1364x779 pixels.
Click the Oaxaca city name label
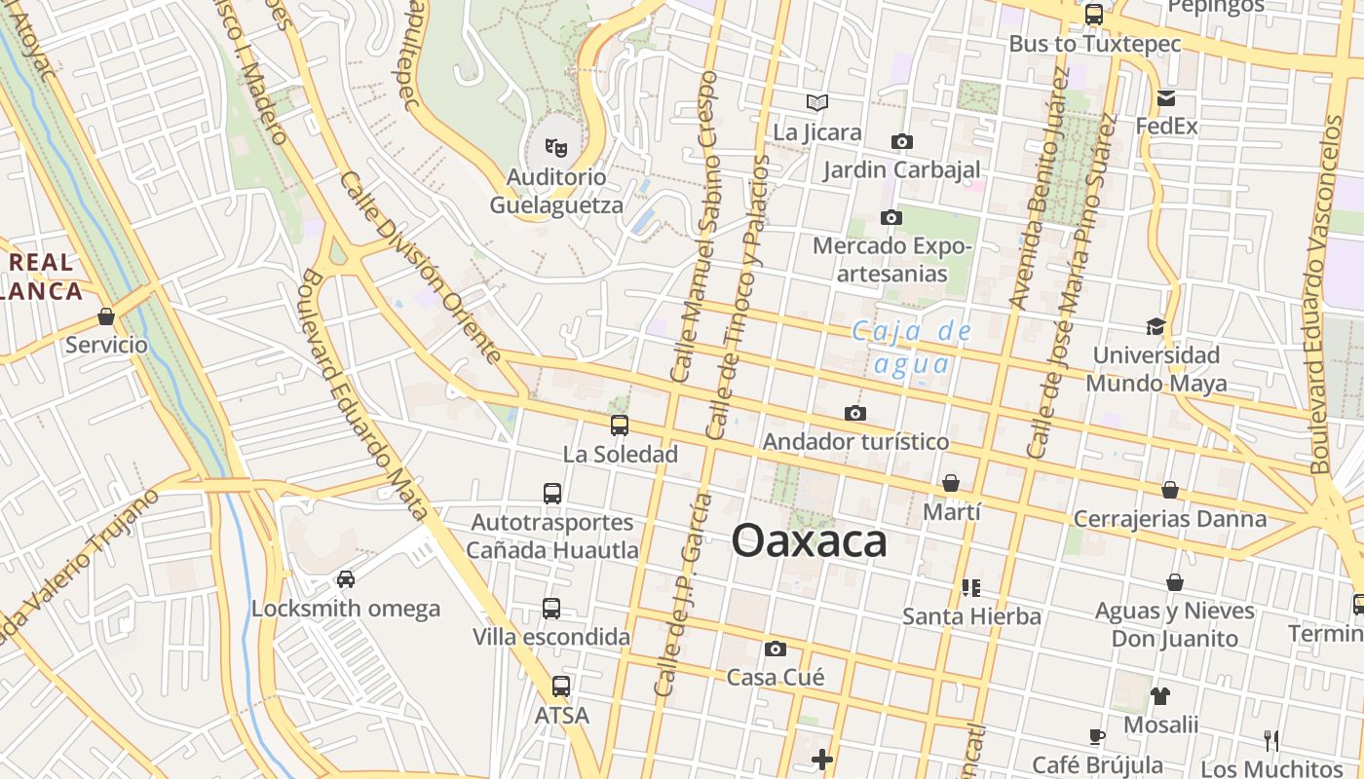(x=809, y=541)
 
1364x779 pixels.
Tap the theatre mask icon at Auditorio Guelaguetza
(x=556, y=148)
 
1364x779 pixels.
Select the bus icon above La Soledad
(x=619, y=426)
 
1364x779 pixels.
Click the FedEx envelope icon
(x=1165, y=98)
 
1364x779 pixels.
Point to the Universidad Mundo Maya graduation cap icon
(x=1156, y=326)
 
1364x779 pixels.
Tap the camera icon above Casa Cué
(x=776, y=649)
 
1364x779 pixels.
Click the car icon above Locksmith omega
(x=346, y=580)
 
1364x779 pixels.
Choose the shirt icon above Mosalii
(x=1159, y=696)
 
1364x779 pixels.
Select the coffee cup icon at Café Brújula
(x=1097, y=736)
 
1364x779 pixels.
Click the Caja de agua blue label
(x=912, y=348)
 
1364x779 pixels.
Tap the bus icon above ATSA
(x=560, y=686)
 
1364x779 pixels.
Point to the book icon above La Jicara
(x=817, y=102)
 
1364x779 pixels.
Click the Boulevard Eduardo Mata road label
(x=364, y=393)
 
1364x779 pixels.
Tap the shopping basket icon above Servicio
(x=106, y=316)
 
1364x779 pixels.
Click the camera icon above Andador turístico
(x=855, y=414)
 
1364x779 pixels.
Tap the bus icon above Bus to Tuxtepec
(x=1094, y=15)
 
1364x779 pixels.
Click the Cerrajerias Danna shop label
(x=1170, y=519)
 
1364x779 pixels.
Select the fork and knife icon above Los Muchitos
(x=1270, y=740)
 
